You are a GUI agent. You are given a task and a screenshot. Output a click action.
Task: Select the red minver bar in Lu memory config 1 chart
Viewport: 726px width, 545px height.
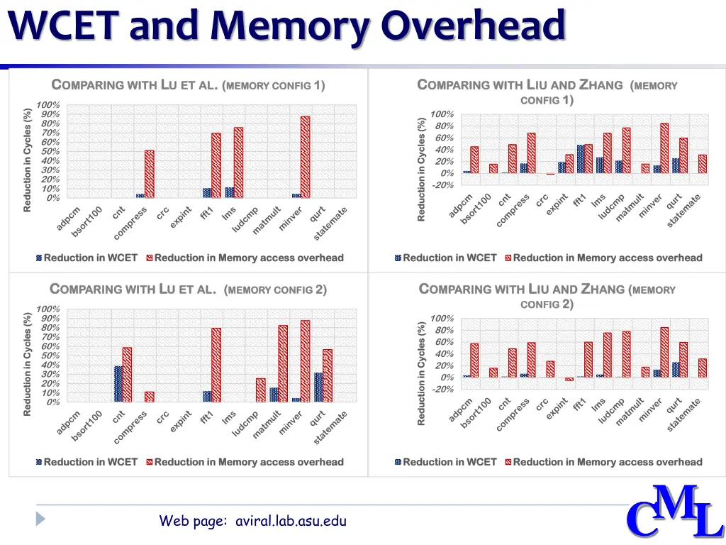click(305, 157)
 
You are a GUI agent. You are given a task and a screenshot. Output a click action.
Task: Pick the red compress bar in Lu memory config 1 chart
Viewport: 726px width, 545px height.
click(149, 174)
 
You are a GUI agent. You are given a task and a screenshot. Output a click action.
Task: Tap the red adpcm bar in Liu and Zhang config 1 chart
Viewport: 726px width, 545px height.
click(474, 160)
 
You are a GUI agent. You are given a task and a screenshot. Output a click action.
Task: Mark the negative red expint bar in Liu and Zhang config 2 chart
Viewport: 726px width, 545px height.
click(569, 380)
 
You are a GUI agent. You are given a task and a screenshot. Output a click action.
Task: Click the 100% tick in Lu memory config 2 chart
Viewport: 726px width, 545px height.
click(48, 309)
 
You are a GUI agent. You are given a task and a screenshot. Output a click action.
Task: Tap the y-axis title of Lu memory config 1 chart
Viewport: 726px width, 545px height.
click(28, 159)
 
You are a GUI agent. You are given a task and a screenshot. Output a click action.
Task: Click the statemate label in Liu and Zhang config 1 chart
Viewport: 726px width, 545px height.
click(683, 211)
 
